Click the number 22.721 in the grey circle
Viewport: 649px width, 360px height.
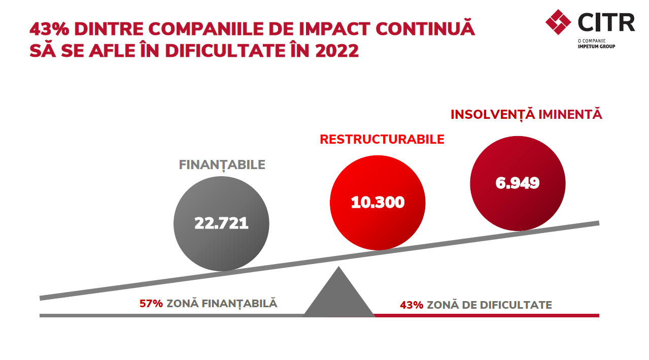tap(221, 223)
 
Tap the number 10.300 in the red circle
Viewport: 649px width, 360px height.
tap(378, 202)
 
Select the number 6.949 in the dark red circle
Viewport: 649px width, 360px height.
tap(518, 183)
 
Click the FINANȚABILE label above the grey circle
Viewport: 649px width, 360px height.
tap(222, 165)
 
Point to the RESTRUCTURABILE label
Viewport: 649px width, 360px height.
tap(382, 140)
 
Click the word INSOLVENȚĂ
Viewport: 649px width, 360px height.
tap(493, 114)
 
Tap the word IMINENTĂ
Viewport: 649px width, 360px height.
tap(570, 114)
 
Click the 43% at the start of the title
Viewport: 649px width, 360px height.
tap(49, 29)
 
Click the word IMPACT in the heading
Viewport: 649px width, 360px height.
tap(334, 29)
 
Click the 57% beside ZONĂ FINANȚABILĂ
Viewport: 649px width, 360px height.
tap(151, 304)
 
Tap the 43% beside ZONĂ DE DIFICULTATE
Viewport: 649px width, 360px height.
tap(412, 305)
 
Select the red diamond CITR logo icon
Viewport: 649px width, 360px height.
tap(558, 22)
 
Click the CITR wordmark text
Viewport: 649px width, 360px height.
tap(606, 22)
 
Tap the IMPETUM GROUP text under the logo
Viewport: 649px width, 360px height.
tap(596, 46)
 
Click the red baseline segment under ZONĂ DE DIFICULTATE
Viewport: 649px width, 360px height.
tap(487, 315)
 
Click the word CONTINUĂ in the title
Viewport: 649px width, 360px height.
tap(425, 27)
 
